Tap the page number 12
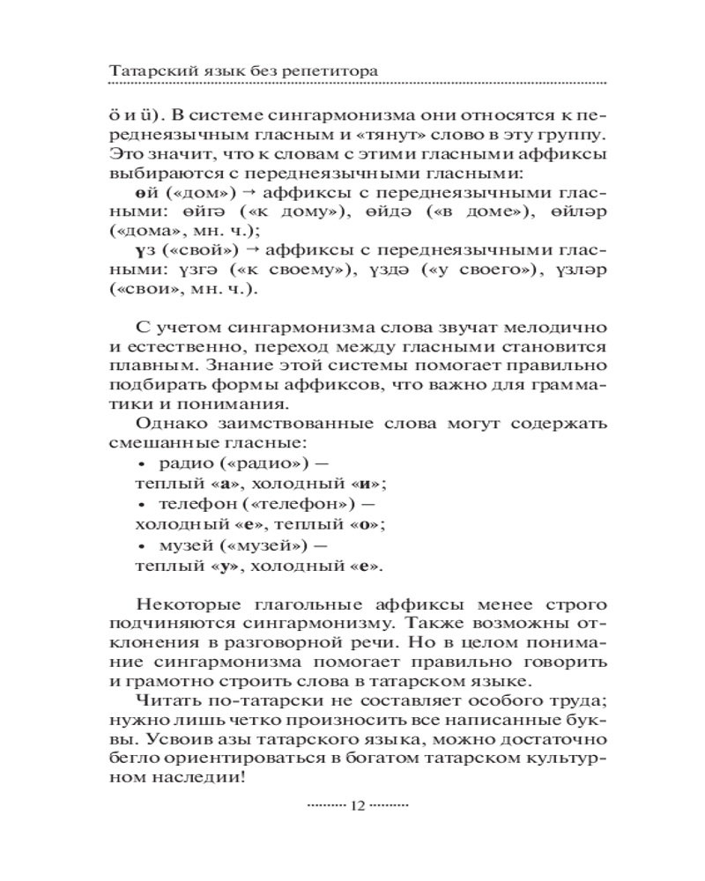(x=357, y=805)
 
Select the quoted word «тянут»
(x=411, y=136)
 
